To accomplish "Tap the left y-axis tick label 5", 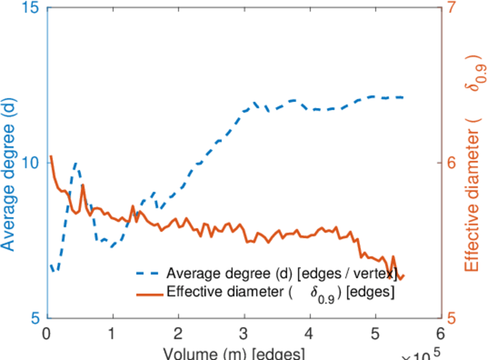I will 33,317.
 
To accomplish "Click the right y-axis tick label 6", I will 451,163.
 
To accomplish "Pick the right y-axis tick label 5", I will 451,317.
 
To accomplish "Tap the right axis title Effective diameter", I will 473,180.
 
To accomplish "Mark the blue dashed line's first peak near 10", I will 76,163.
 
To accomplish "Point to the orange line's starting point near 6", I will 51,157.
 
